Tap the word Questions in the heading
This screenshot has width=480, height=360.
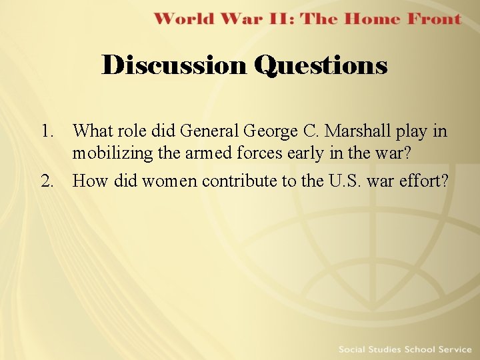pyautogui.click(x=321, y=65)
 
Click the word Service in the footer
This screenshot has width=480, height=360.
pyautogui.click(x=453, y=349)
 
